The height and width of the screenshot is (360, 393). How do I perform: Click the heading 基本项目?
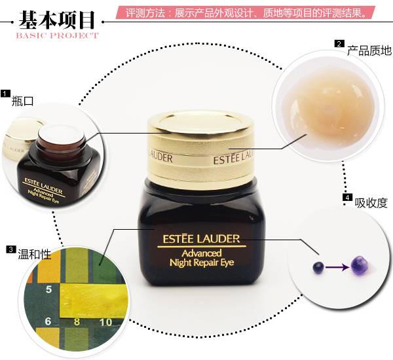[x=58, y=16]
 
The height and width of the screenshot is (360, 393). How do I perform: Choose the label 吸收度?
[x=370, y=203]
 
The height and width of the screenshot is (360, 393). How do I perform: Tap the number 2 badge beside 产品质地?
[x=339, y=44]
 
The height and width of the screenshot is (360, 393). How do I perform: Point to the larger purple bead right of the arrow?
[x=359, y=265]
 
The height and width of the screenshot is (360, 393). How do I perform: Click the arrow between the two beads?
[x=337, y=267]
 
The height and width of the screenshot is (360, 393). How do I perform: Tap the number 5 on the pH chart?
[x=48, y=289]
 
